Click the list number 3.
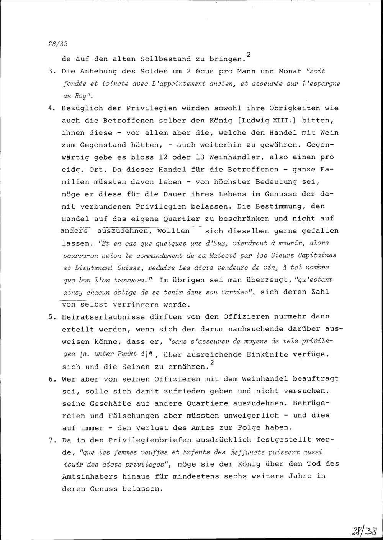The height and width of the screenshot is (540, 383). pyautogui.click(x=53, y=72)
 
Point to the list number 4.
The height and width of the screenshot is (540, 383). pyautogui.click(x=53, y=108)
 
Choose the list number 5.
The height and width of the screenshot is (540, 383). pyautogui.click(x=53, y=317)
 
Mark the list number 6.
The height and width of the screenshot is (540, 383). pyautogui.click(x=53, y=379)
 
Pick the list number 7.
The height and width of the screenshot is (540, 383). pyautogui.click(x=53, y=440)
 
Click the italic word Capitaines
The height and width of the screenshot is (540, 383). pyautogui.click(x=318, y=255)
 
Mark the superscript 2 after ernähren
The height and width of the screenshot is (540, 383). pyautogui.click(x=212, y=362)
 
